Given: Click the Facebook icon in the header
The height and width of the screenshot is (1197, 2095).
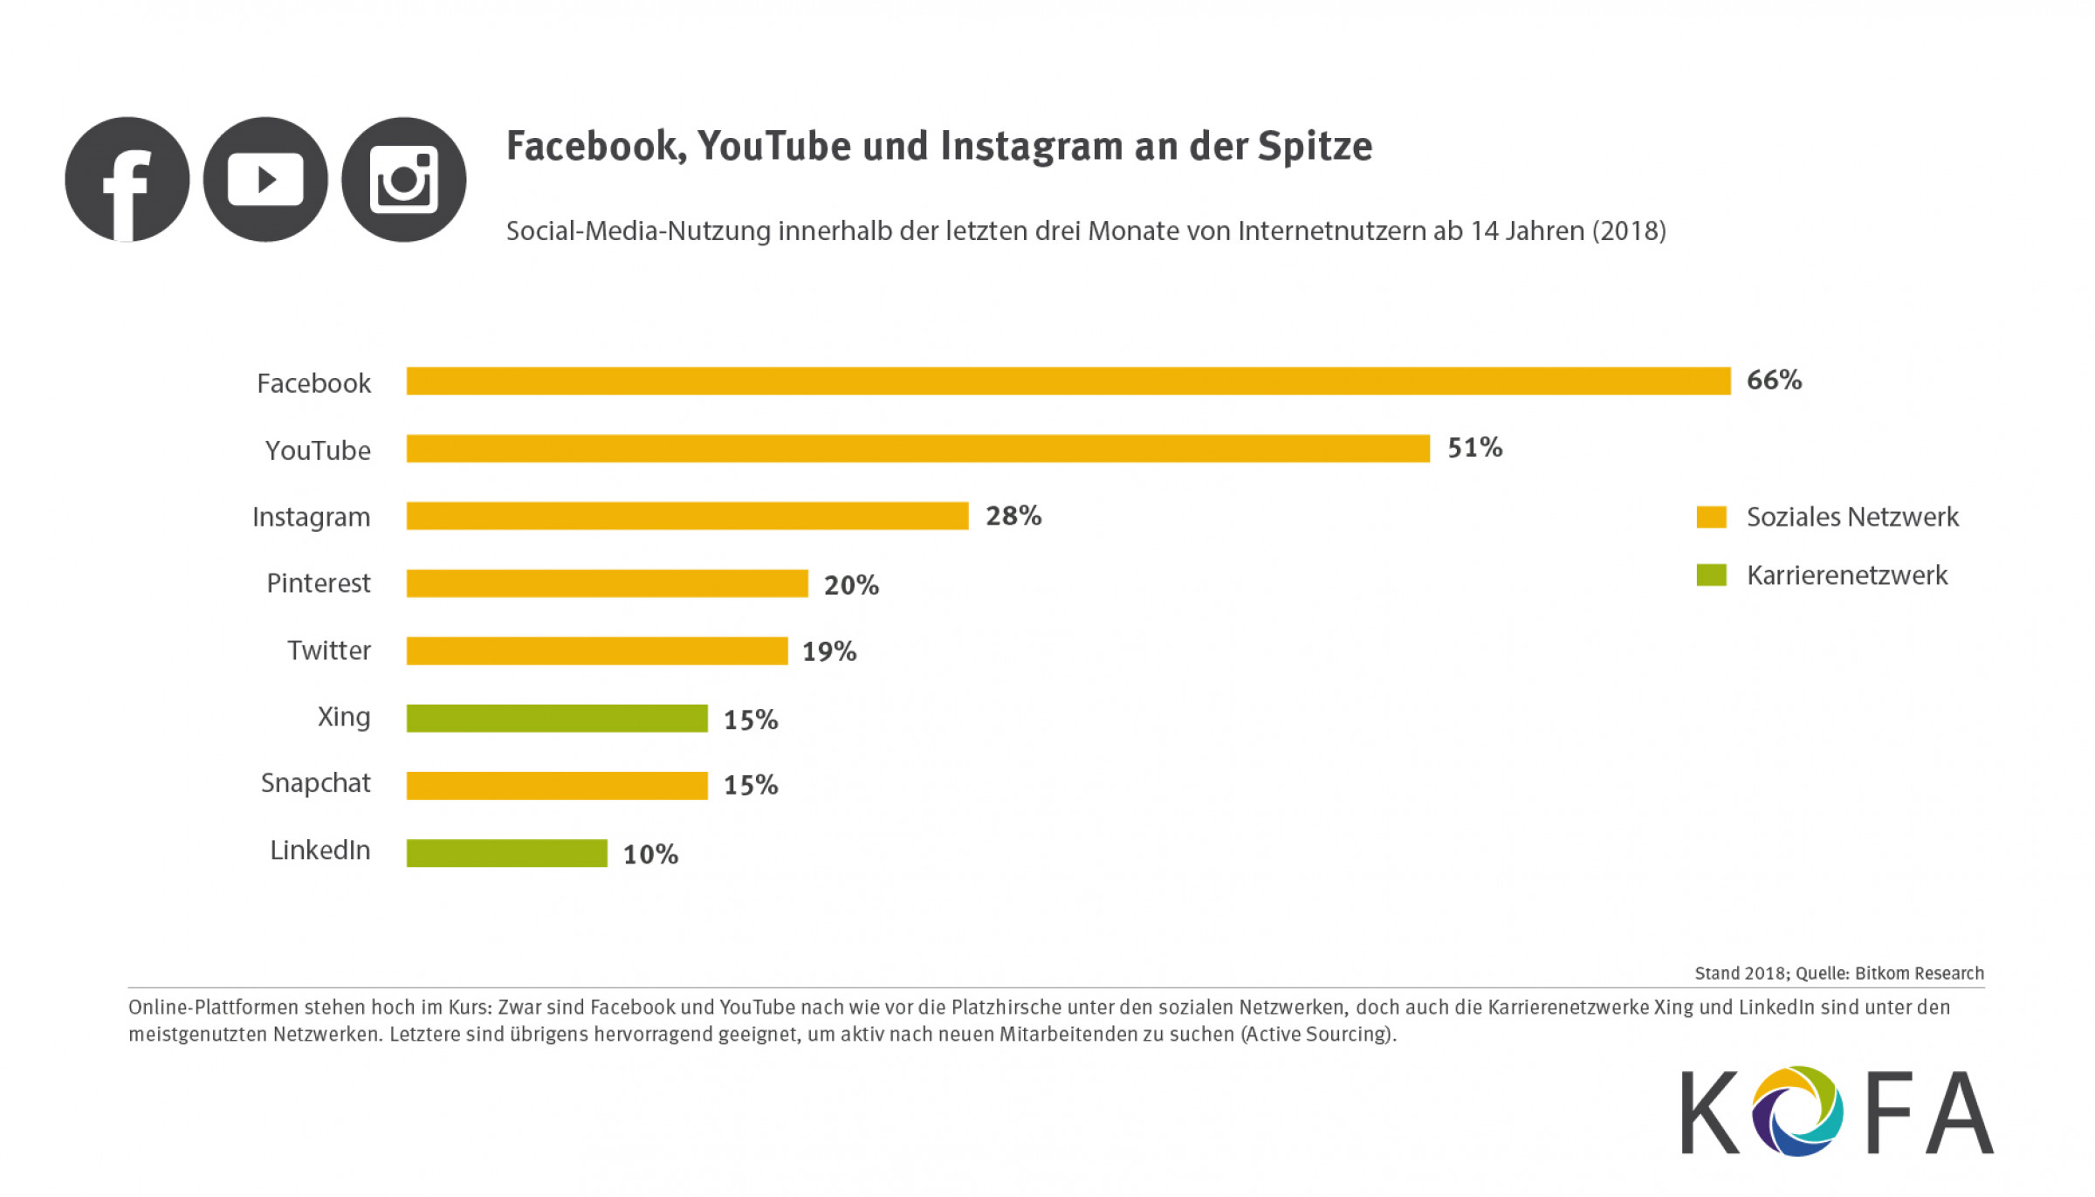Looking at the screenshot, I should (x=127, y=180).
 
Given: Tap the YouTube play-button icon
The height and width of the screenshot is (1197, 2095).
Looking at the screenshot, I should (x=265, y=180).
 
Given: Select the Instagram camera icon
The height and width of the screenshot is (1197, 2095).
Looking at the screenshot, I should (x=403, y=180).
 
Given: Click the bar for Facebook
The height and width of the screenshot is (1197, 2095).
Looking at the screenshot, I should (x=1068, y=381).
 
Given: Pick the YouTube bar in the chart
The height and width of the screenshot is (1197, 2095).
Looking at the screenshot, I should (x=917, y=449).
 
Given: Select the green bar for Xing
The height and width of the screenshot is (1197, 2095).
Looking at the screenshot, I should (x=557, y=719).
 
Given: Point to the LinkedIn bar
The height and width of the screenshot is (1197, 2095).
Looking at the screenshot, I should (x=506, y=853).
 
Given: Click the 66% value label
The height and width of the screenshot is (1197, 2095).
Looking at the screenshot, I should (x=1774, y=381).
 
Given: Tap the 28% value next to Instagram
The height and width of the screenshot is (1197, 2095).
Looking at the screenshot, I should (x=1013, y=516).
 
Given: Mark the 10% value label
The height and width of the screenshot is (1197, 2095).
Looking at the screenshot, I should (x=650, y=854).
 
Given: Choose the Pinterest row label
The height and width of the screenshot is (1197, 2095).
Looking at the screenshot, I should (x=319, y=583).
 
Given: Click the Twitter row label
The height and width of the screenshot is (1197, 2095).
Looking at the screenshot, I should (x=329, y=650).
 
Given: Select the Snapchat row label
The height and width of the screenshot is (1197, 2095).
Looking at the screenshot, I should (x=316, y=783).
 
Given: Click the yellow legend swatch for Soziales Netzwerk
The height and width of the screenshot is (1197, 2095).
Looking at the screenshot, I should (x=1711, y=517).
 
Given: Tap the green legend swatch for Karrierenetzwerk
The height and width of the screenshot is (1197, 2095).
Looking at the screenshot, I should (x=1711, y=575).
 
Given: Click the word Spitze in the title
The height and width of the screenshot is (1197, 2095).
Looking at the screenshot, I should (x=1315, y=147).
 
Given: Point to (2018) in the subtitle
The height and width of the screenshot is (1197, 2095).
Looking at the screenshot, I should (x=1629, y=231).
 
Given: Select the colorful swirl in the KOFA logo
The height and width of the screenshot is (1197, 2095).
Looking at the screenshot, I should (x=1797, y=1111).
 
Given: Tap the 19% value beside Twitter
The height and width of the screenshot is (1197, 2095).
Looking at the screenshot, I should (x=829, y=651).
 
